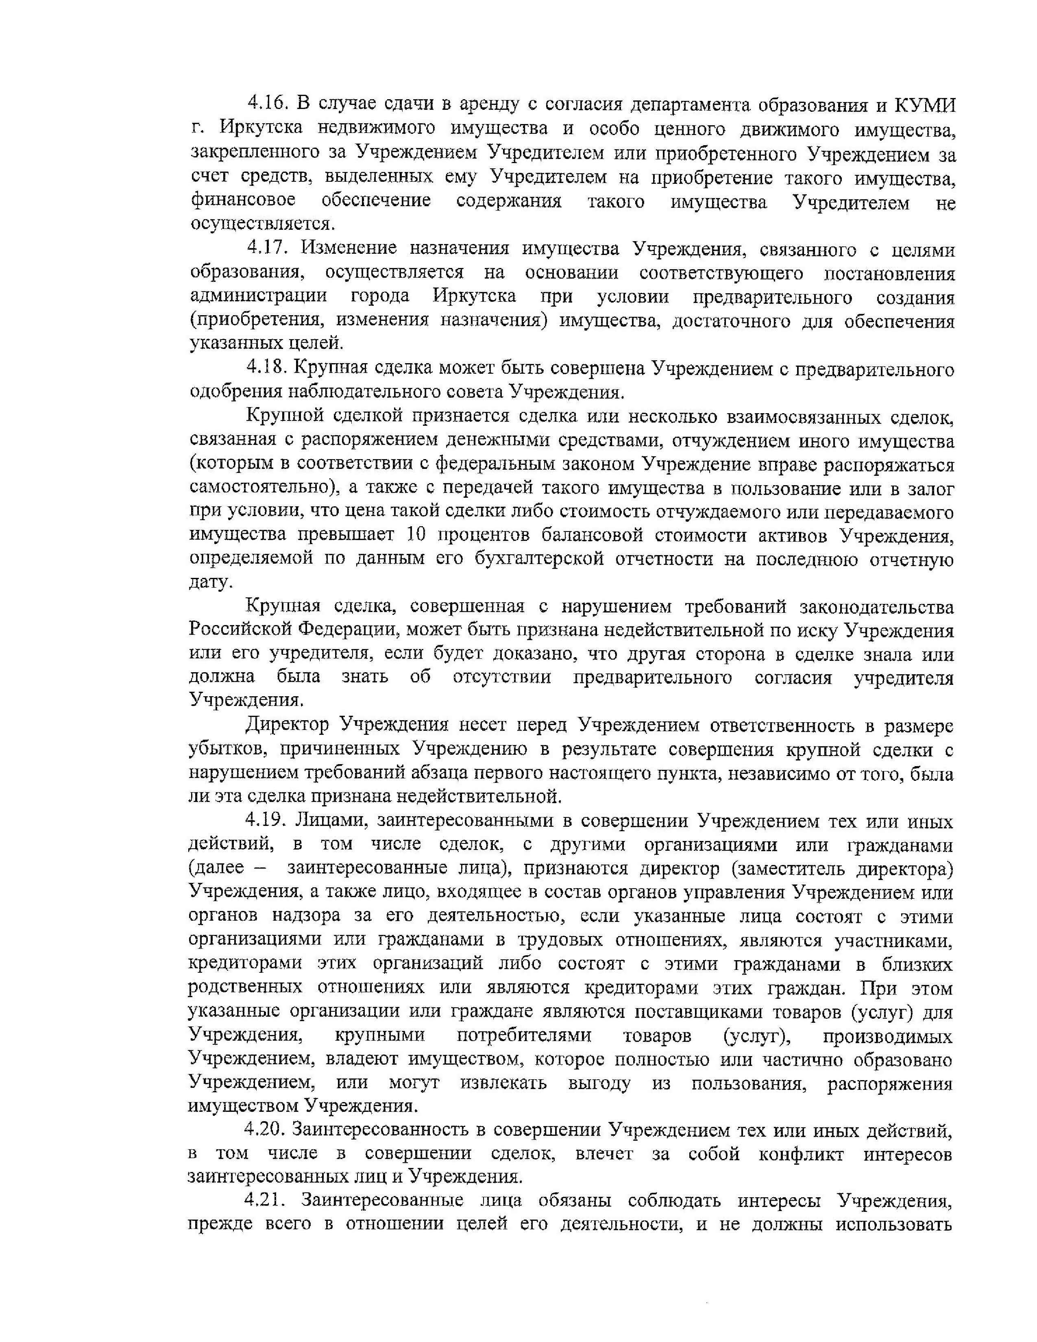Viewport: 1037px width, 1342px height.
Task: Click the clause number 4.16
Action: tap(268, 105)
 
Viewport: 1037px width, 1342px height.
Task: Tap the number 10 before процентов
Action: tap(416, 535)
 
